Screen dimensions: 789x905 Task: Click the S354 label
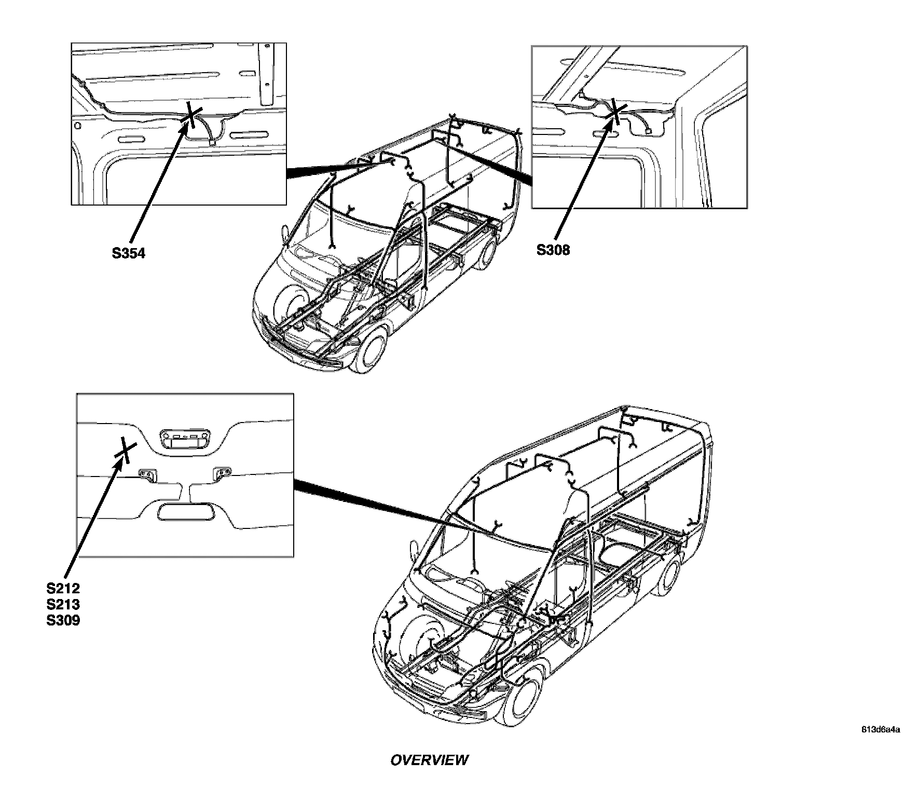(x=129, y=253)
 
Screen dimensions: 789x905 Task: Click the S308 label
(x=553, y=250)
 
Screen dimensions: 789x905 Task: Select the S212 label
(x=63, y=589)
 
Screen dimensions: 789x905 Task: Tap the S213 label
(x=63, y=604)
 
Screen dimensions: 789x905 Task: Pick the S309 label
(x=63, y=620)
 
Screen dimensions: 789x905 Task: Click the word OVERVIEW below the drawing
(x=429, y=760)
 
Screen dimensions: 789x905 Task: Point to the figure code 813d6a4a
(x=881, y=729)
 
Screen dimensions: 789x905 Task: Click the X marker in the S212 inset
(x=126, y=449)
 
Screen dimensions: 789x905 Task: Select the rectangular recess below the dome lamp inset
(x=185, y=511)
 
